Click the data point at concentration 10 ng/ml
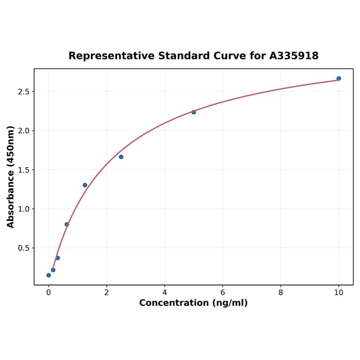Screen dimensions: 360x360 338,78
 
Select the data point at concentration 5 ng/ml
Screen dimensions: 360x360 194,112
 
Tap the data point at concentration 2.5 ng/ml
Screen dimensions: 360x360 121,157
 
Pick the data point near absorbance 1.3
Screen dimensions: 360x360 85,185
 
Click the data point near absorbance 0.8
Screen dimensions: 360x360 67,224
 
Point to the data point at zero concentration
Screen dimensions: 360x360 49,275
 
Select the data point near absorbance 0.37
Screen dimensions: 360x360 57,258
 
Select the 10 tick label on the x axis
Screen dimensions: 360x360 338,292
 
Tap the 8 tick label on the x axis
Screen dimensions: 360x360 280,292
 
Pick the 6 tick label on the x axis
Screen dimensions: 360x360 222,292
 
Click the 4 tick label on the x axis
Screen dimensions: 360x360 164,292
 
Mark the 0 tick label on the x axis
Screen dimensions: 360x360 49,292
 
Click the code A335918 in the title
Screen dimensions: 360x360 294,56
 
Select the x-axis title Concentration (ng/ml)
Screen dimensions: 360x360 193,303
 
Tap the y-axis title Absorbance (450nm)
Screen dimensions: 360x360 11,177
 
